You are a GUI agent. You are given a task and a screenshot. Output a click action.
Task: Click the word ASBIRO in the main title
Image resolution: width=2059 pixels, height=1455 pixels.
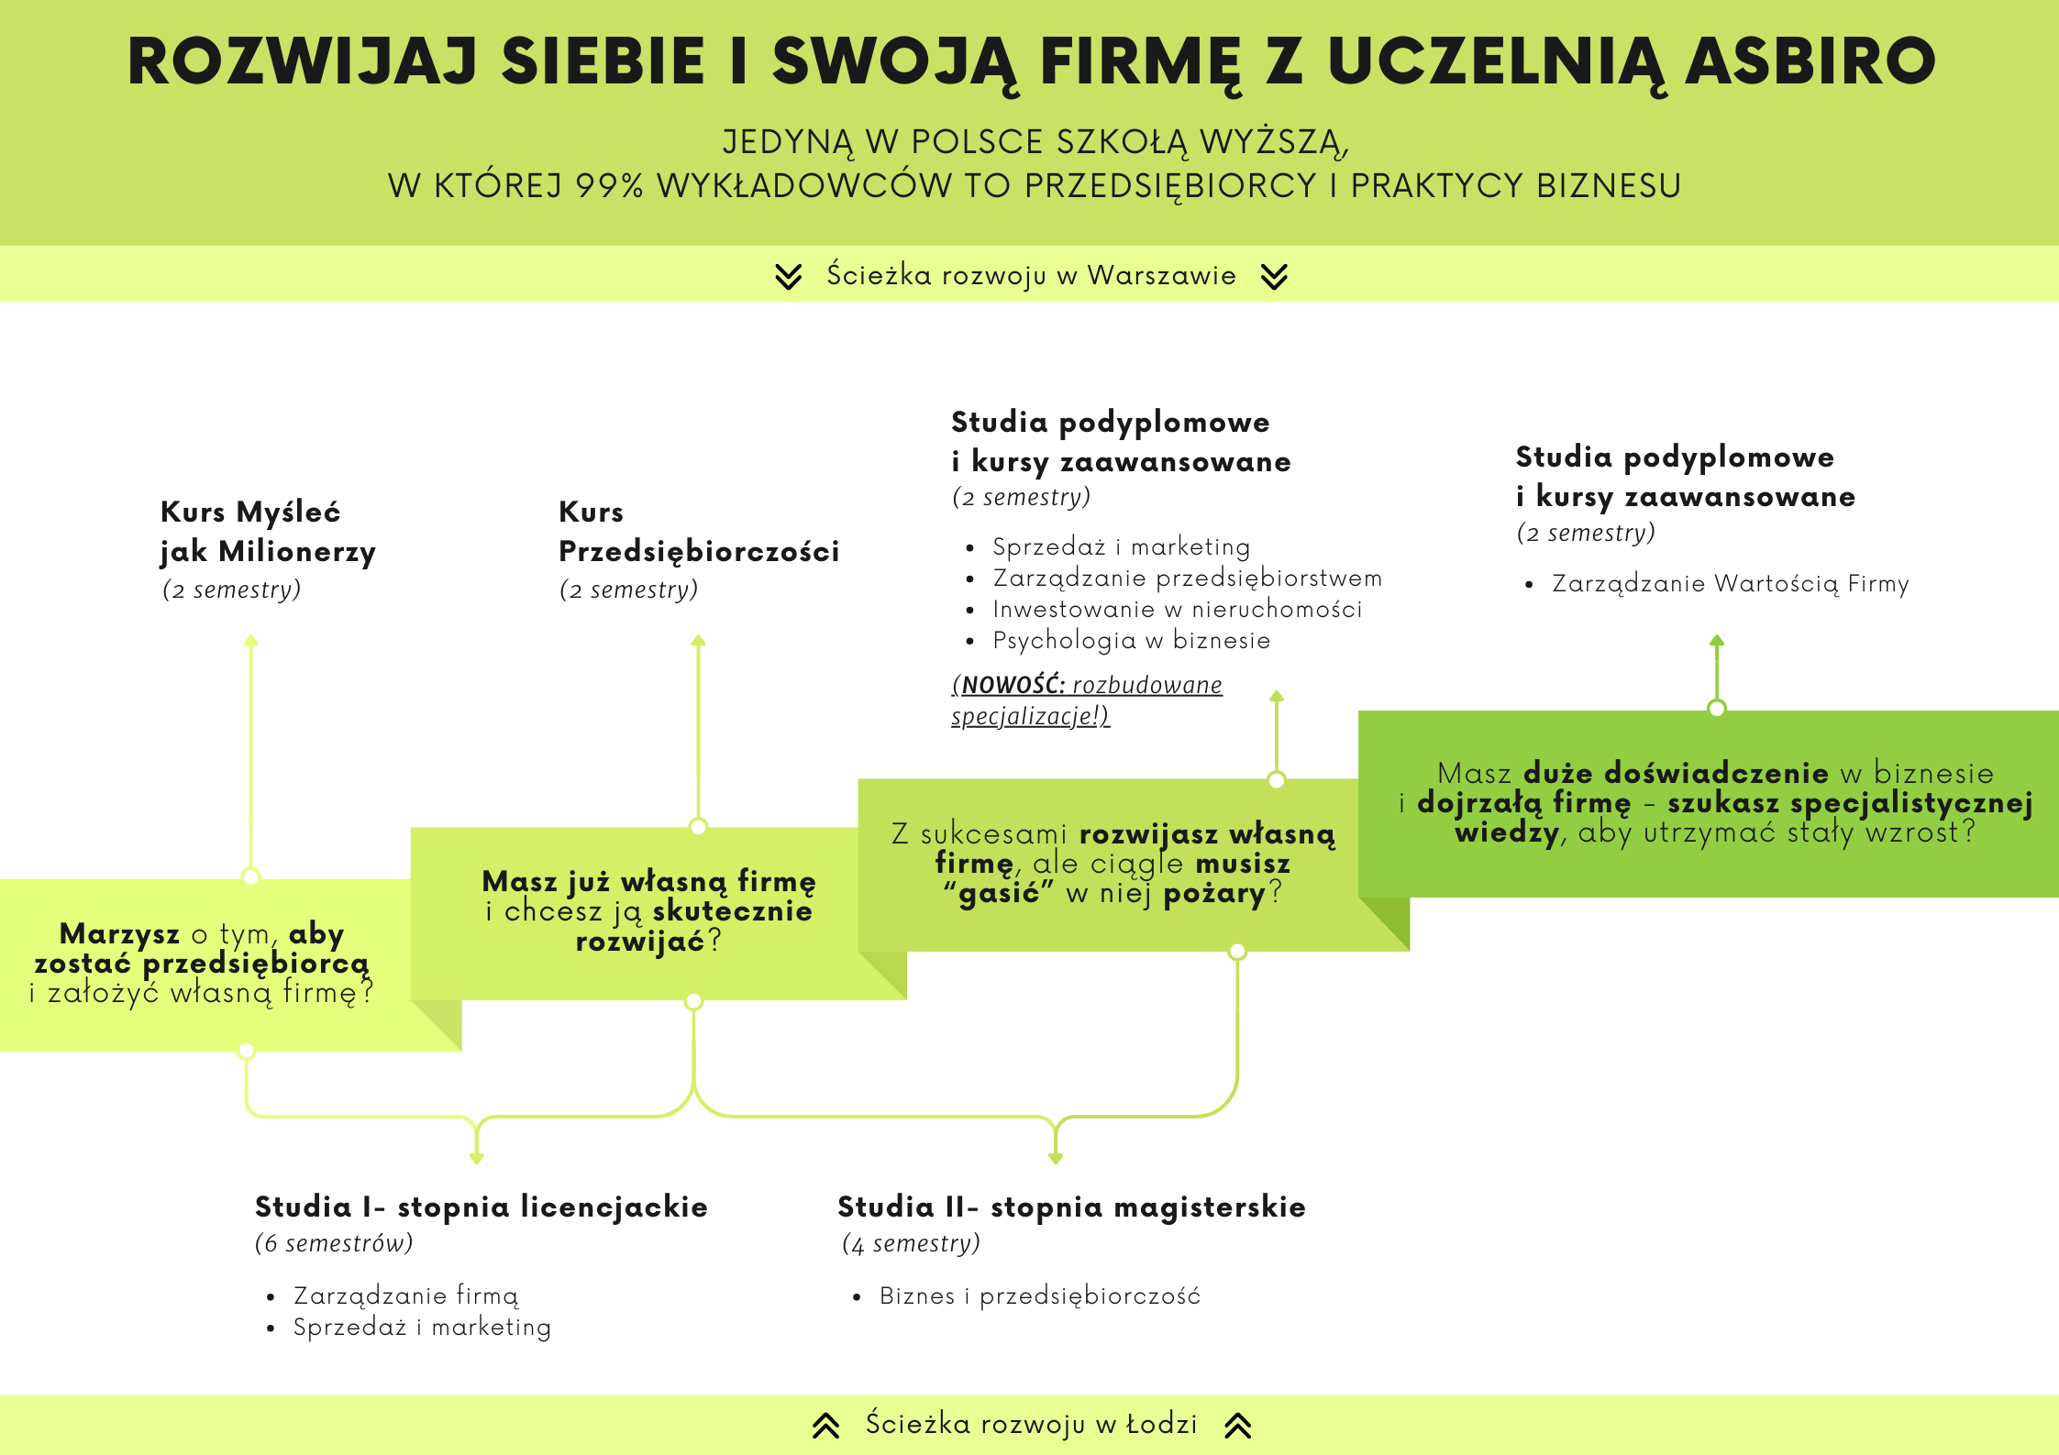(1810, 61)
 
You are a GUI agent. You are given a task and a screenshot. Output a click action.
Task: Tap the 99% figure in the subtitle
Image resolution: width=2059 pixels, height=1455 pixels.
(609, 185)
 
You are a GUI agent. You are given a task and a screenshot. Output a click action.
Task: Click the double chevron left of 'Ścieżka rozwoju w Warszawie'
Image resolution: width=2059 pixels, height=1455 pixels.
(788, 276)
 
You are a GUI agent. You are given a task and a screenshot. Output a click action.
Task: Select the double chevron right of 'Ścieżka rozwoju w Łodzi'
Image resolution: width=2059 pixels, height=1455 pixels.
(1238, 1425)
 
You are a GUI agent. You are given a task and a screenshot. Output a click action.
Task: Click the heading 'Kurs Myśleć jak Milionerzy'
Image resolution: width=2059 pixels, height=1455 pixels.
(268, 532)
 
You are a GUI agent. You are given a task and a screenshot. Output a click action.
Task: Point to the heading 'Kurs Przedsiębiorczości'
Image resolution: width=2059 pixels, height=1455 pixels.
(699, 532)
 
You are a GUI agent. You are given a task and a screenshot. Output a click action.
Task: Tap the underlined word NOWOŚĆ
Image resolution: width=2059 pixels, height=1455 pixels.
(1013, 685)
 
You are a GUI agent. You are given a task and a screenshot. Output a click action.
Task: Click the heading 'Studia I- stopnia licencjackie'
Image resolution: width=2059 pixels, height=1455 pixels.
(482, 1207)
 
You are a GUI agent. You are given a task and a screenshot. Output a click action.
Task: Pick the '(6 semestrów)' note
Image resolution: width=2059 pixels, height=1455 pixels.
(334, 1243)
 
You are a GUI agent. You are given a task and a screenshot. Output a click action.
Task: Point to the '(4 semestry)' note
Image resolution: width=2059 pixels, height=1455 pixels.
(911, 1243)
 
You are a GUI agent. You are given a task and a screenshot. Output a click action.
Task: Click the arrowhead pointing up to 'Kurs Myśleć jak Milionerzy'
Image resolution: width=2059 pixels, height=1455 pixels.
(250, 640)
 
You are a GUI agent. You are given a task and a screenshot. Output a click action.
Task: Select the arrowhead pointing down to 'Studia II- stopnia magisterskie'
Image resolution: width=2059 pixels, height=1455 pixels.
(1056, 1158)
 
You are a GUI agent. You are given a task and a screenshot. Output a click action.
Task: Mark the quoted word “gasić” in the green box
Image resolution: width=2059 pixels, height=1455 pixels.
(999, 893)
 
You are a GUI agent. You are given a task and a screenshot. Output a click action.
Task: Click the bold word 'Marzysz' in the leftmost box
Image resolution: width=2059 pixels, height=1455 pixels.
(119, 933)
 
